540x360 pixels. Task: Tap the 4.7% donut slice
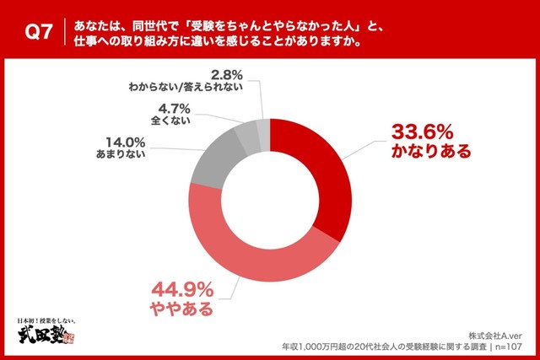tap(248, 133)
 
